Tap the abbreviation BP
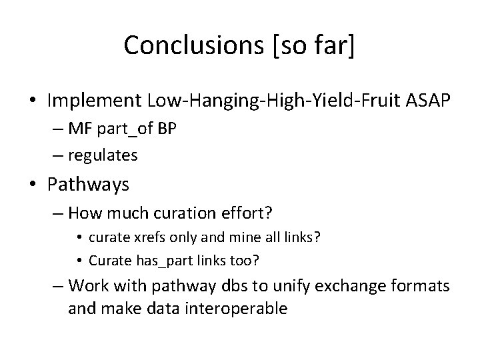167,129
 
